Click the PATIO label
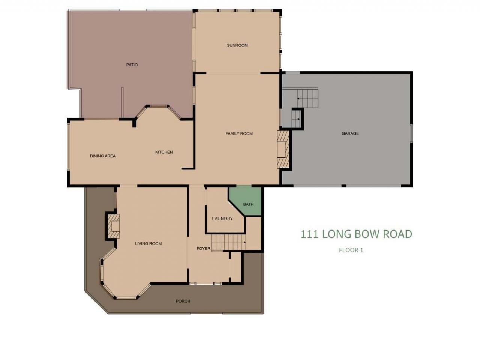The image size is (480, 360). pos(132,65)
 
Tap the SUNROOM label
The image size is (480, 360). pos(237,45)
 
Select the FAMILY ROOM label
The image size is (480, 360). pos(239,133)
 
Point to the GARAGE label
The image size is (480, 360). pos(350,133)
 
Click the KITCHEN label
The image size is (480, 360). pos(164,152)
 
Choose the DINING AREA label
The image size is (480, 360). pos(103,156)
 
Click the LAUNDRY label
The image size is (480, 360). pos(222,219)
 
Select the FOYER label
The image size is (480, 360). pos(204,249)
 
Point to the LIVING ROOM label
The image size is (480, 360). pos(148,243)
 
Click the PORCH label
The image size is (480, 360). pos(183,301)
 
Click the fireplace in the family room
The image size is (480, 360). pos(284,149)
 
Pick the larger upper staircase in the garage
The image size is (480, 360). pos(306,98)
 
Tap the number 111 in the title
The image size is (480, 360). pos(309,234)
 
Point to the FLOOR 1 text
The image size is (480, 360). pos(351,250)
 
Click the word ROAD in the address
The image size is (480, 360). pos(397,234)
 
